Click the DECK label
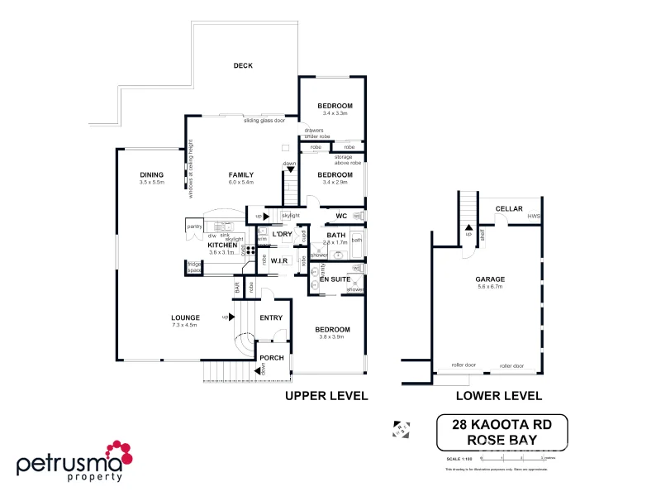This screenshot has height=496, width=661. tap(242, 66)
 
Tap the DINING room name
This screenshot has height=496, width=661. tap(151, 174)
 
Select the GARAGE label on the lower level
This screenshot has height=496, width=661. tap(489, 279)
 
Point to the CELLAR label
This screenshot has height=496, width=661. tap(508, 209)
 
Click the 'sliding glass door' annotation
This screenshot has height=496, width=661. tap(264, 121)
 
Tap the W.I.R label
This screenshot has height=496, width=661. tap(278, 260)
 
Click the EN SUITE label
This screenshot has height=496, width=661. tap(335, 279)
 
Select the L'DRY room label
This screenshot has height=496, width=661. tap(282, 235)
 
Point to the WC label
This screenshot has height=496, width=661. tap(340, 217)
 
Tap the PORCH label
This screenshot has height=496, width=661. tap(272, 358)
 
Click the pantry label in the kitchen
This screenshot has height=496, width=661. tap(195, 227)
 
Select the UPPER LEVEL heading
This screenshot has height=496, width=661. tap(326, 396)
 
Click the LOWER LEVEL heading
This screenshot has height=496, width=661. tap(498, 396)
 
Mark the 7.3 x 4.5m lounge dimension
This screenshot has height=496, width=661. tap(186, 325)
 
